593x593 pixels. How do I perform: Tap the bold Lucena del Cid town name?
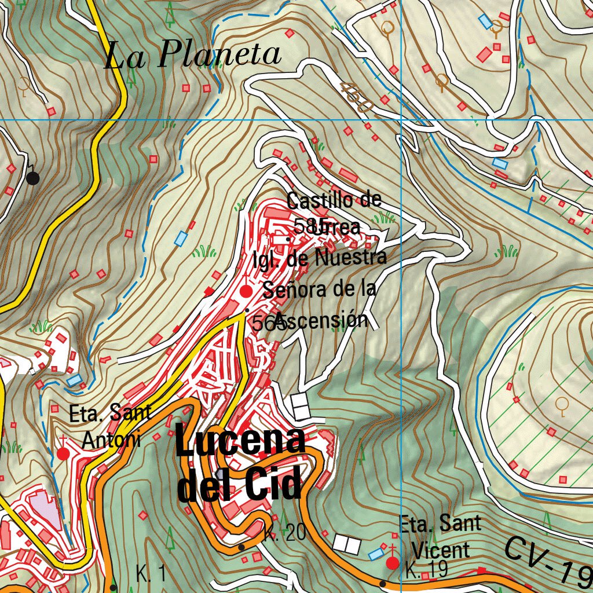pos(240,466)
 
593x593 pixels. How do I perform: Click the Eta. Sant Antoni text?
pos(110,426)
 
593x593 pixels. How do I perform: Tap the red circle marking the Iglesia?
pos(246,291)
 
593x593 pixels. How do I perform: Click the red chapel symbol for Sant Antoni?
pos(63,453)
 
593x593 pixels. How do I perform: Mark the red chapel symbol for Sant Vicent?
pos(393,562)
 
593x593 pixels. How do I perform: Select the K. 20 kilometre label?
pos(284,533)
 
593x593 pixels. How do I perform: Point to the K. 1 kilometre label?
pos(151,574)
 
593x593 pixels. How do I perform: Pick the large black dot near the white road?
pos(33,178)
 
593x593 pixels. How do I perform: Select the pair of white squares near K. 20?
pos(347,543)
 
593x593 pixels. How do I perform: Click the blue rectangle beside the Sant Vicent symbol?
pos(376,554)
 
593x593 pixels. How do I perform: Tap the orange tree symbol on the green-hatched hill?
pos(561,405)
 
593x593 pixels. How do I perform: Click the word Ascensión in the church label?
pos(322,320)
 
